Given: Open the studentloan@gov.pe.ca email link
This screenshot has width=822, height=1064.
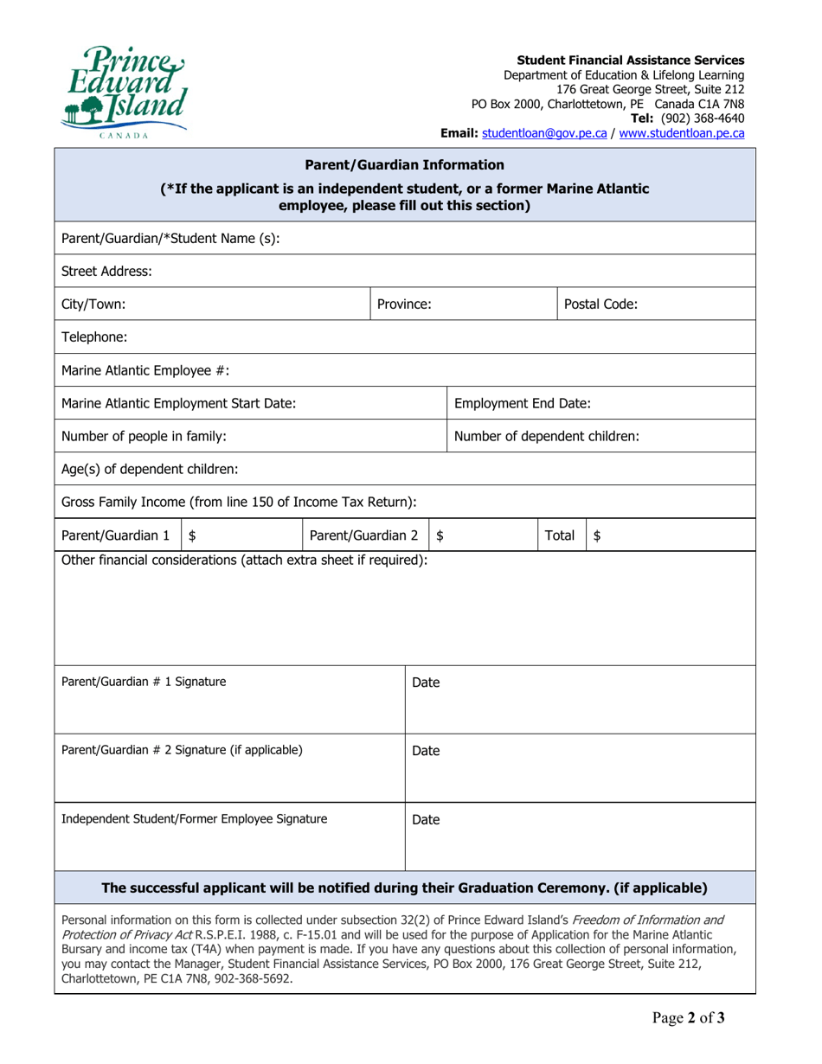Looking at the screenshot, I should click(543, 134).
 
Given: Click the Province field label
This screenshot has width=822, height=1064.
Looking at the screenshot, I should click(404, 304).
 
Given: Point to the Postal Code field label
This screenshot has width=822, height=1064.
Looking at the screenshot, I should click(601, 304).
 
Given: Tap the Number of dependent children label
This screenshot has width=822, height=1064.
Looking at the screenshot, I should click(547, 437).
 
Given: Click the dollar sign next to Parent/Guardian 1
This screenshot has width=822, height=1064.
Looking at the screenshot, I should click(192, 536).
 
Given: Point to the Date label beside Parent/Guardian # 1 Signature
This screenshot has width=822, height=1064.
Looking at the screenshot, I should click(426, 683).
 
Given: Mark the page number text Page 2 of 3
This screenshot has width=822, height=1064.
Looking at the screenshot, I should click(689, 1042).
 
